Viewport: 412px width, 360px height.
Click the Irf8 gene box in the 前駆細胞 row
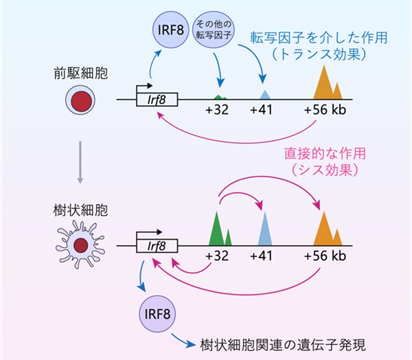coord(159,100)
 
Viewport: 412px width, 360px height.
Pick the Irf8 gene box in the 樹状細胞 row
coord(159,245)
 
